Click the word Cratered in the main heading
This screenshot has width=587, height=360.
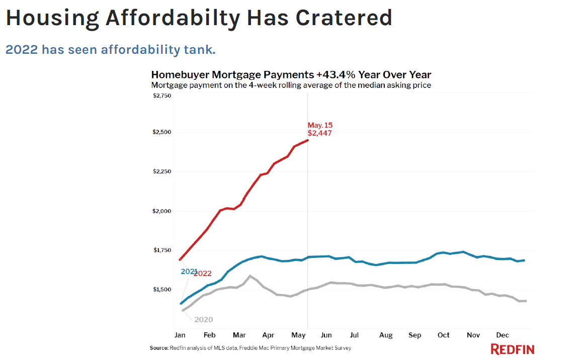(344, 18)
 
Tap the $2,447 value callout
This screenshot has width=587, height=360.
(319, 133)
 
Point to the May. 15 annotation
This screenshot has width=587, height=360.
(320, 125)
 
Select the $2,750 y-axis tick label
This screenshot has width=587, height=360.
(162, 96)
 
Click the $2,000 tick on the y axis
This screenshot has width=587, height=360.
(162, 211)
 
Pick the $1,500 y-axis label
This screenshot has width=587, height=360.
(162, 290)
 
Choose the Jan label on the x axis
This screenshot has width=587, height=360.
(180, 335)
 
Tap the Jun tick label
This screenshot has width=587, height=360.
(326, 335)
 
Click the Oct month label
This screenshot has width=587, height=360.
(443, 335)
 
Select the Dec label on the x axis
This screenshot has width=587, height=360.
(502, 335)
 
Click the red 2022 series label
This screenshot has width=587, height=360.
(202, 274)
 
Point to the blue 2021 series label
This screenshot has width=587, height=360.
(189, 272)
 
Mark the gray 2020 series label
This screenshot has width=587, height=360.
(203, 319)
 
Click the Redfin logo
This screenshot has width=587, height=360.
(513, 349)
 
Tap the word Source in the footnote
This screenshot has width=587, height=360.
(159, 348)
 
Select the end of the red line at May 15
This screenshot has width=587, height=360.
(307, 140)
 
